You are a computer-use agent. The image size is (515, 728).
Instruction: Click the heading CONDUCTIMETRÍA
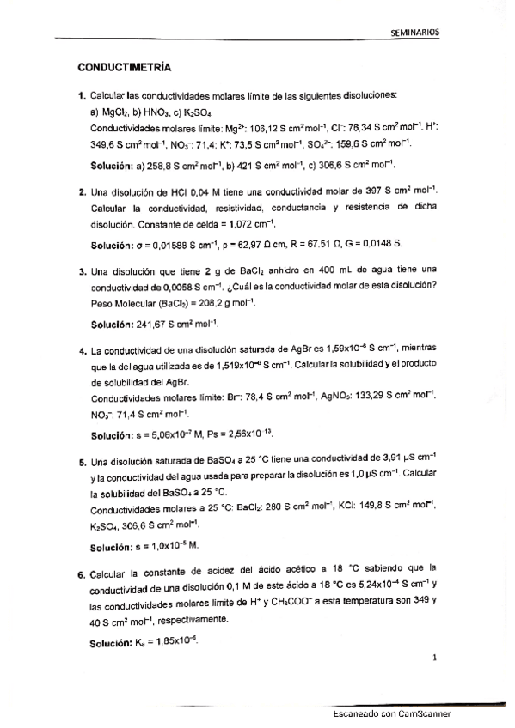(x=125, y=66)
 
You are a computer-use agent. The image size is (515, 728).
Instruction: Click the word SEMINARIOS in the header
(x=414, y=31)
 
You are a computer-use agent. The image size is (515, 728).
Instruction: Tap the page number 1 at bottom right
(x=436, y=659)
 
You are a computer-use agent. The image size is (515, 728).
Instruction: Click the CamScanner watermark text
(x=391, y=714)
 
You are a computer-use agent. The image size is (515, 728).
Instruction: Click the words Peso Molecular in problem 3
(x=121, y=303)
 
